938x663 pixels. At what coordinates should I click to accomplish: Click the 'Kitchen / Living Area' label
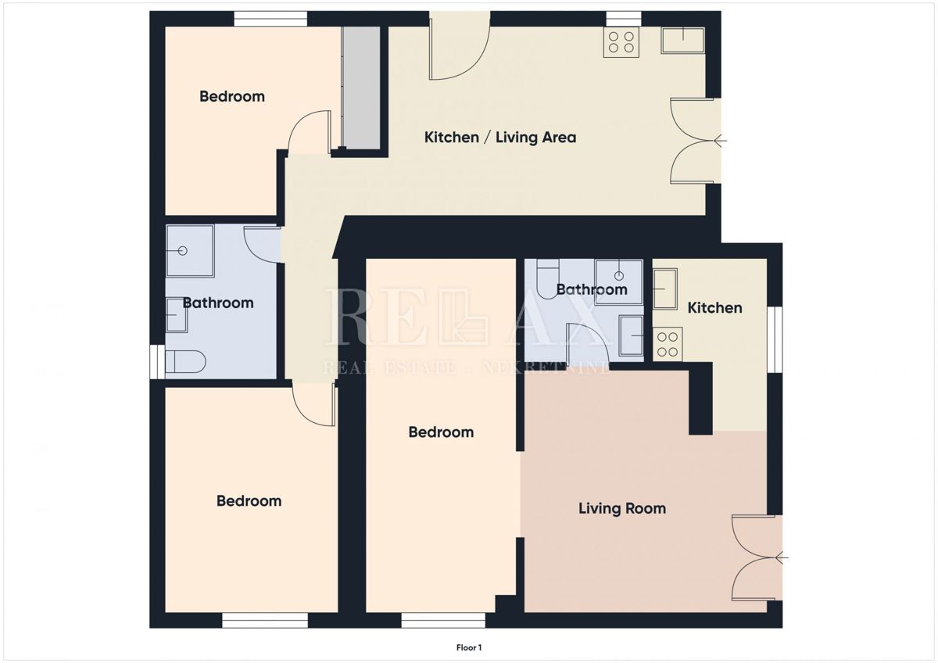pyautogui.click(x=500, y=138)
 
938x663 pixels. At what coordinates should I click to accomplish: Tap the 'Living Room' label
pyautogui.click(x=622, y=508)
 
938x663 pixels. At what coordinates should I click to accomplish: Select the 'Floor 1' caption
pyautogui.click(x=469, y=647)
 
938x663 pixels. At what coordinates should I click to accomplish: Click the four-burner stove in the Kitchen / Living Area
pyautogui.click(x=621, y=42)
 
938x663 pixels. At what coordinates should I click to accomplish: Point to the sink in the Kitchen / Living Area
pyautogui.click(x=682, y=40)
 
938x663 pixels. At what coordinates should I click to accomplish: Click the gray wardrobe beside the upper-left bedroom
pyautogui.click(x=361, y=88)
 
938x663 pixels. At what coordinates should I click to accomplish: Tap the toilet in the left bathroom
pyautogui.click(x=185, y=361)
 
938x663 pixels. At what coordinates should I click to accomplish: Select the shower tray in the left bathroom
pyautogui.click(x=191, y=251)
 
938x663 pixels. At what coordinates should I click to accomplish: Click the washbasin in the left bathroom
pyautogui.click(x=177, y=314)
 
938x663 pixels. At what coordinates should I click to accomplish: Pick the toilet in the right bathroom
pyautogui.click(x=548, y=279)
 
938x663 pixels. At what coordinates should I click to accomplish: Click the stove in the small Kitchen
pyautogui.click(x=668, y=344)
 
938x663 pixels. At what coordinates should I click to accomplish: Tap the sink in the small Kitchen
pyautogui.click(x=665, y=289)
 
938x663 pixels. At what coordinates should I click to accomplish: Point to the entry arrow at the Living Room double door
pyautogui.click(x=782, y=558)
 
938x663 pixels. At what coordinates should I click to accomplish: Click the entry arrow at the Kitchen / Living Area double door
pyautogui.click(x=720, y=142)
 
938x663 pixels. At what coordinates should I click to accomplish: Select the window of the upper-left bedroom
pyautogui.click(x=270, y=19)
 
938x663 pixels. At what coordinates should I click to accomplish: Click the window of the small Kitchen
pyautogui.click(x=775, y=339)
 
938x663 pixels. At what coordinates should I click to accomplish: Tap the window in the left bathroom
pyautogui.click(x=157, y=362)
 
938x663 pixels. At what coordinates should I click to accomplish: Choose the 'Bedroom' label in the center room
pyautogui.click(x=441, y=432)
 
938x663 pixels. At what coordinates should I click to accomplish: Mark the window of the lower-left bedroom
pyautogui.click(x=265, y=620)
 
